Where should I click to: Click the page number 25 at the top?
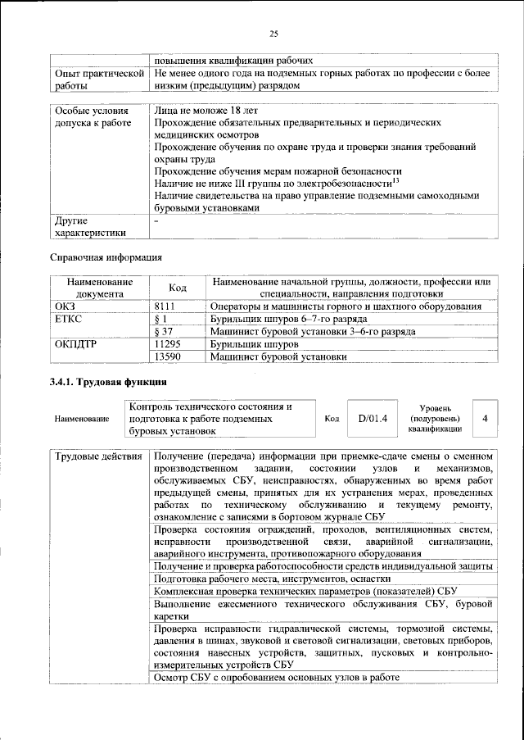(x=274, y=34)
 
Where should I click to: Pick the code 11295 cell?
(x=169, y=344)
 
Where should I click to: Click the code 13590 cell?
(x=169, y=357)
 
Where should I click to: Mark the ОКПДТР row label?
(x=75, y=344)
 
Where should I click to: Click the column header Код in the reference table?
(x=177, y=288)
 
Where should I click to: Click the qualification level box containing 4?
(x=486, y=418)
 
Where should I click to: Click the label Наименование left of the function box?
(x=81, y=419)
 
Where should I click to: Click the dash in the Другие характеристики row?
(x=156, y=220)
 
